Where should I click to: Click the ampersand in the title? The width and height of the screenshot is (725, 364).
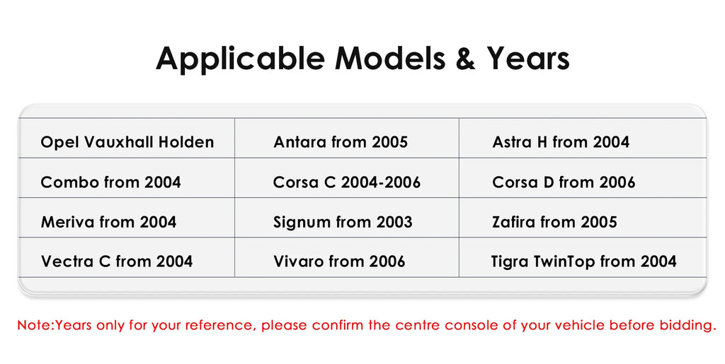tap(465, 59)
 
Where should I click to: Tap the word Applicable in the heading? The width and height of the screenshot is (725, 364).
tap(241, 60)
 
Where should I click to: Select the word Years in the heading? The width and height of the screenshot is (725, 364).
tap(528, 59)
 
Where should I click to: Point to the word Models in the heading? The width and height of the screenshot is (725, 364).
tap(390, 59)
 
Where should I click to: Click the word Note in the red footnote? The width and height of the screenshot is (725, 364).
tap(34, 325)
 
